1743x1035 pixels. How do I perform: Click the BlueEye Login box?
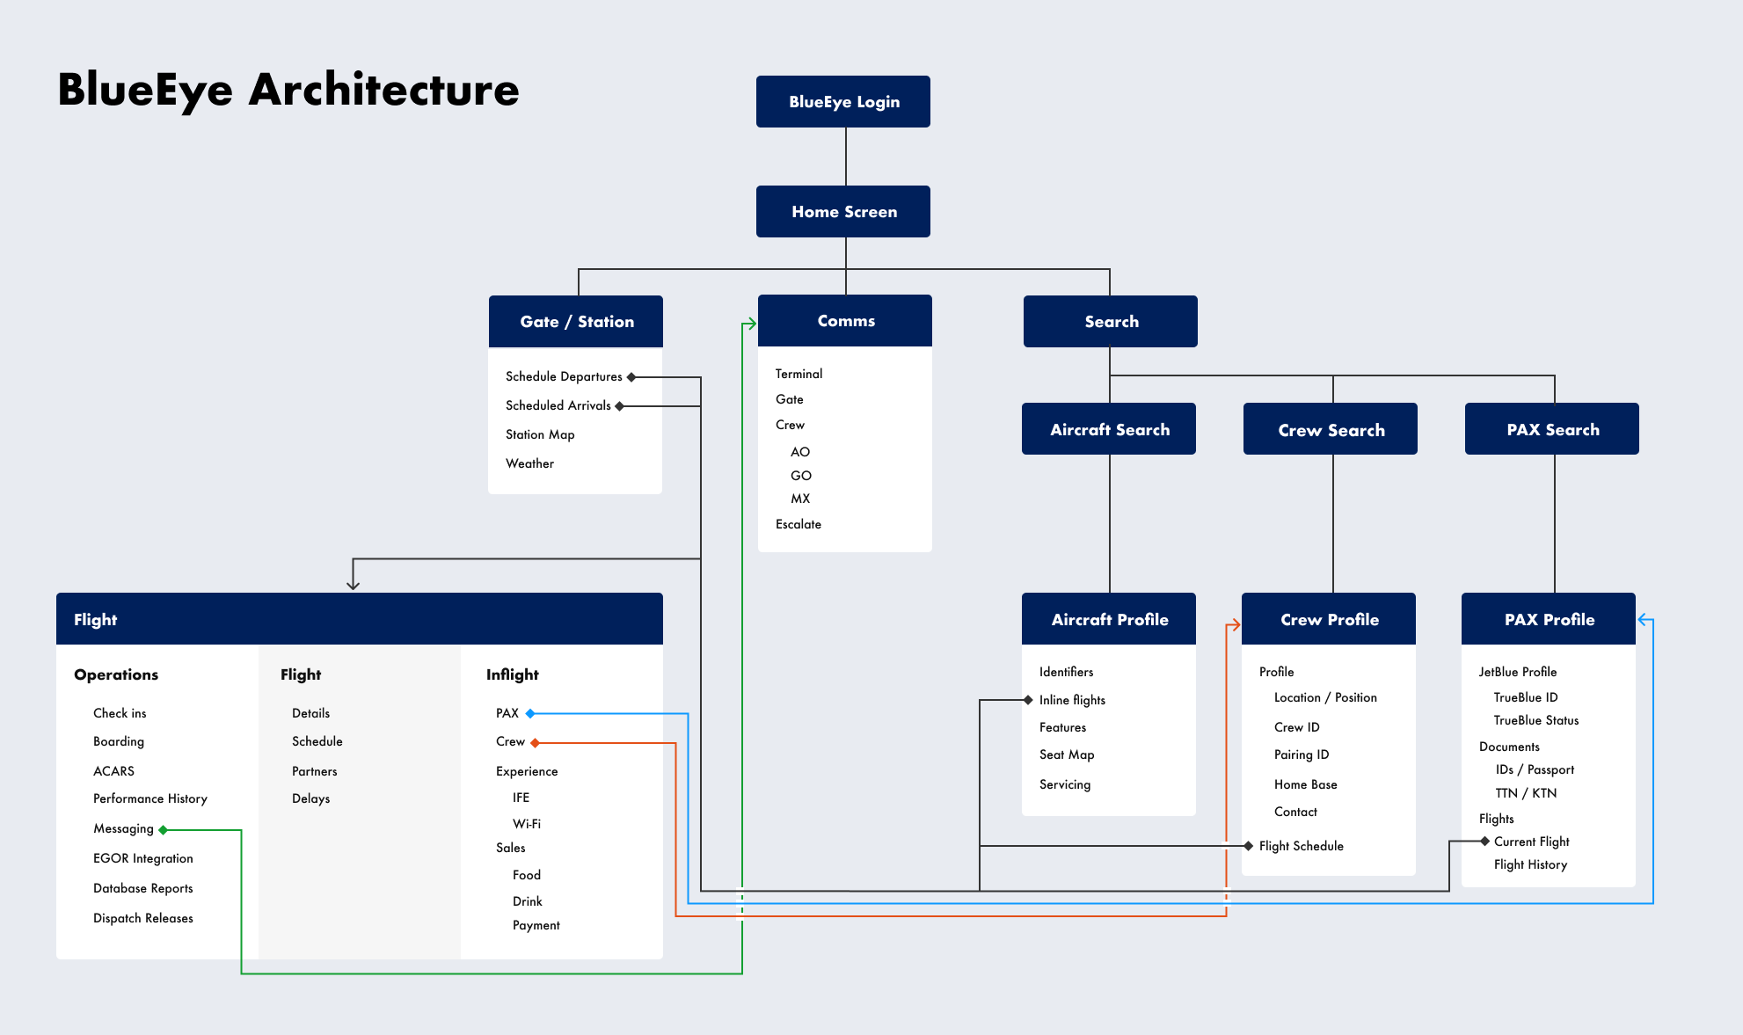pyautogui.click(x=843, y=101)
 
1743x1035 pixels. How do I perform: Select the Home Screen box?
pyautogui.click(x=843, y=211)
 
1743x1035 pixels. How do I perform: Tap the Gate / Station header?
pyautogui.click(x=576, y=321)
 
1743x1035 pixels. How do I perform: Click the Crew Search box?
pyautogui.click(x=1331, y=429)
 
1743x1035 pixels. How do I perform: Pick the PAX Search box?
pyautogui.click(x=1552, y=429)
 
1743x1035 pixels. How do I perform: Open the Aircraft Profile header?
pyautogui.click(x=1109, y=619)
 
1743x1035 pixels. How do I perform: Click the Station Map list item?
pyautogui.click(x=540, y=434)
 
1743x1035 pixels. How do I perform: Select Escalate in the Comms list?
pyautogui.click(x=799, y=524)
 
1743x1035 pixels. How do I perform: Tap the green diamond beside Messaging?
pyautogui.click(x=164, y=830)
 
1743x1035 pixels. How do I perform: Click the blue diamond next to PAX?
pyautogui.click(x=530, y=713)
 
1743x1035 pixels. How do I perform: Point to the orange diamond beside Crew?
pyautogui.click(x=535, y=743)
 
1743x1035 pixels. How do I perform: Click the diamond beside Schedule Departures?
pyautogui.click(x=631, y=377)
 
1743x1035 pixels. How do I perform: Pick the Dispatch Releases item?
pyautogui.click(x=143, y=918)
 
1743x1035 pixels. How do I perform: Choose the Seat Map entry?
pyautogui.click(x=1067, y=754)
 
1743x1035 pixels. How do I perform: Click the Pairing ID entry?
pyautogui.click(x=1302, y=754)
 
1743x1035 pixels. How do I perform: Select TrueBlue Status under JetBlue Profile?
pyautogui.click(x=1536, y=720)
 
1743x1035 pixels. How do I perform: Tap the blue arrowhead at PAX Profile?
pyautogui.click(x=1643, y=620)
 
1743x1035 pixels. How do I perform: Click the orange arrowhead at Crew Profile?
pyautogui.click(x=1235, y=625)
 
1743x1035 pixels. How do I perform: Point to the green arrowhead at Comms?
pyautogui.click(x=751, y=324)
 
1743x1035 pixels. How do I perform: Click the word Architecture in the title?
pyautogui.click(x=384, y=90)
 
